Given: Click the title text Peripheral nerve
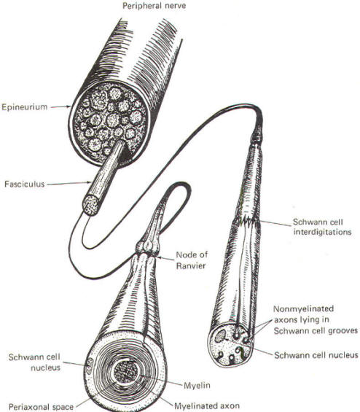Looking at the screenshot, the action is click(154, 6).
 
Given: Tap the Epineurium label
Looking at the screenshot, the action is click(25, 107).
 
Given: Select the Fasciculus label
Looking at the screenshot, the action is click(25, 184).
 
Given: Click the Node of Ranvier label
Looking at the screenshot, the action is click(192, 260).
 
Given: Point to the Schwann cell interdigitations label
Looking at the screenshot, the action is click(322, 227).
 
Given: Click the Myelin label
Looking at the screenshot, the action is click(197, 386).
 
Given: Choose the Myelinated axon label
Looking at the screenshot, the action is click(207, 405).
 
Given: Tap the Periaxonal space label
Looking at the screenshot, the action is click(42, 407).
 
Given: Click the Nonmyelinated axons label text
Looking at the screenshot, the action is click(316, 320).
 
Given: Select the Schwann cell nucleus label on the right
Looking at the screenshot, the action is click(316, 355).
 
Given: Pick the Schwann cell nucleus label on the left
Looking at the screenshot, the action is click(34, 362).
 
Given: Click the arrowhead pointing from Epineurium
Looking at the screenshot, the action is click(69, 106).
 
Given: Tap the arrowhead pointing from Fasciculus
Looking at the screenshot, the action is click(89, 182).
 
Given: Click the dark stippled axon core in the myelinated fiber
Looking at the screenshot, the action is click(127, 371).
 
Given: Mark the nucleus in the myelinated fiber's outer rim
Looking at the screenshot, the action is click(90, 366).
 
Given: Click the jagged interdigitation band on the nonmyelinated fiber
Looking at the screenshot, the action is click(246, 220).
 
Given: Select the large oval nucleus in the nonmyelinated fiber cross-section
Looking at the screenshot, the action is click(221, 336).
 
